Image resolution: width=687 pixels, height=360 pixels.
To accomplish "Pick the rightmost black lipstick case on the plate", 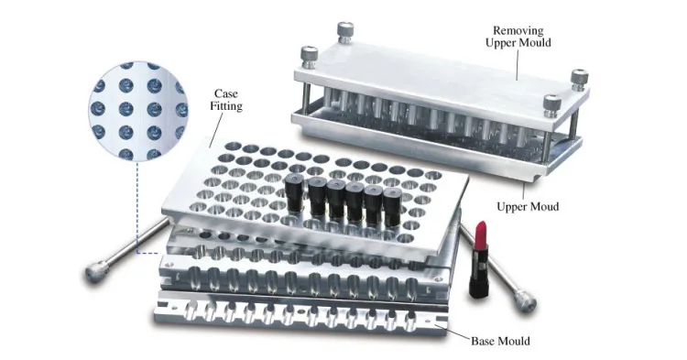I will pyautogui.click(x=392, y=206).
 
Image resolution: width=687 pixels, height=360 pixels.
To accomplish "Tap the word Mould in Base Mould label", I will pyautogui.click(x=514, y=342).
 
